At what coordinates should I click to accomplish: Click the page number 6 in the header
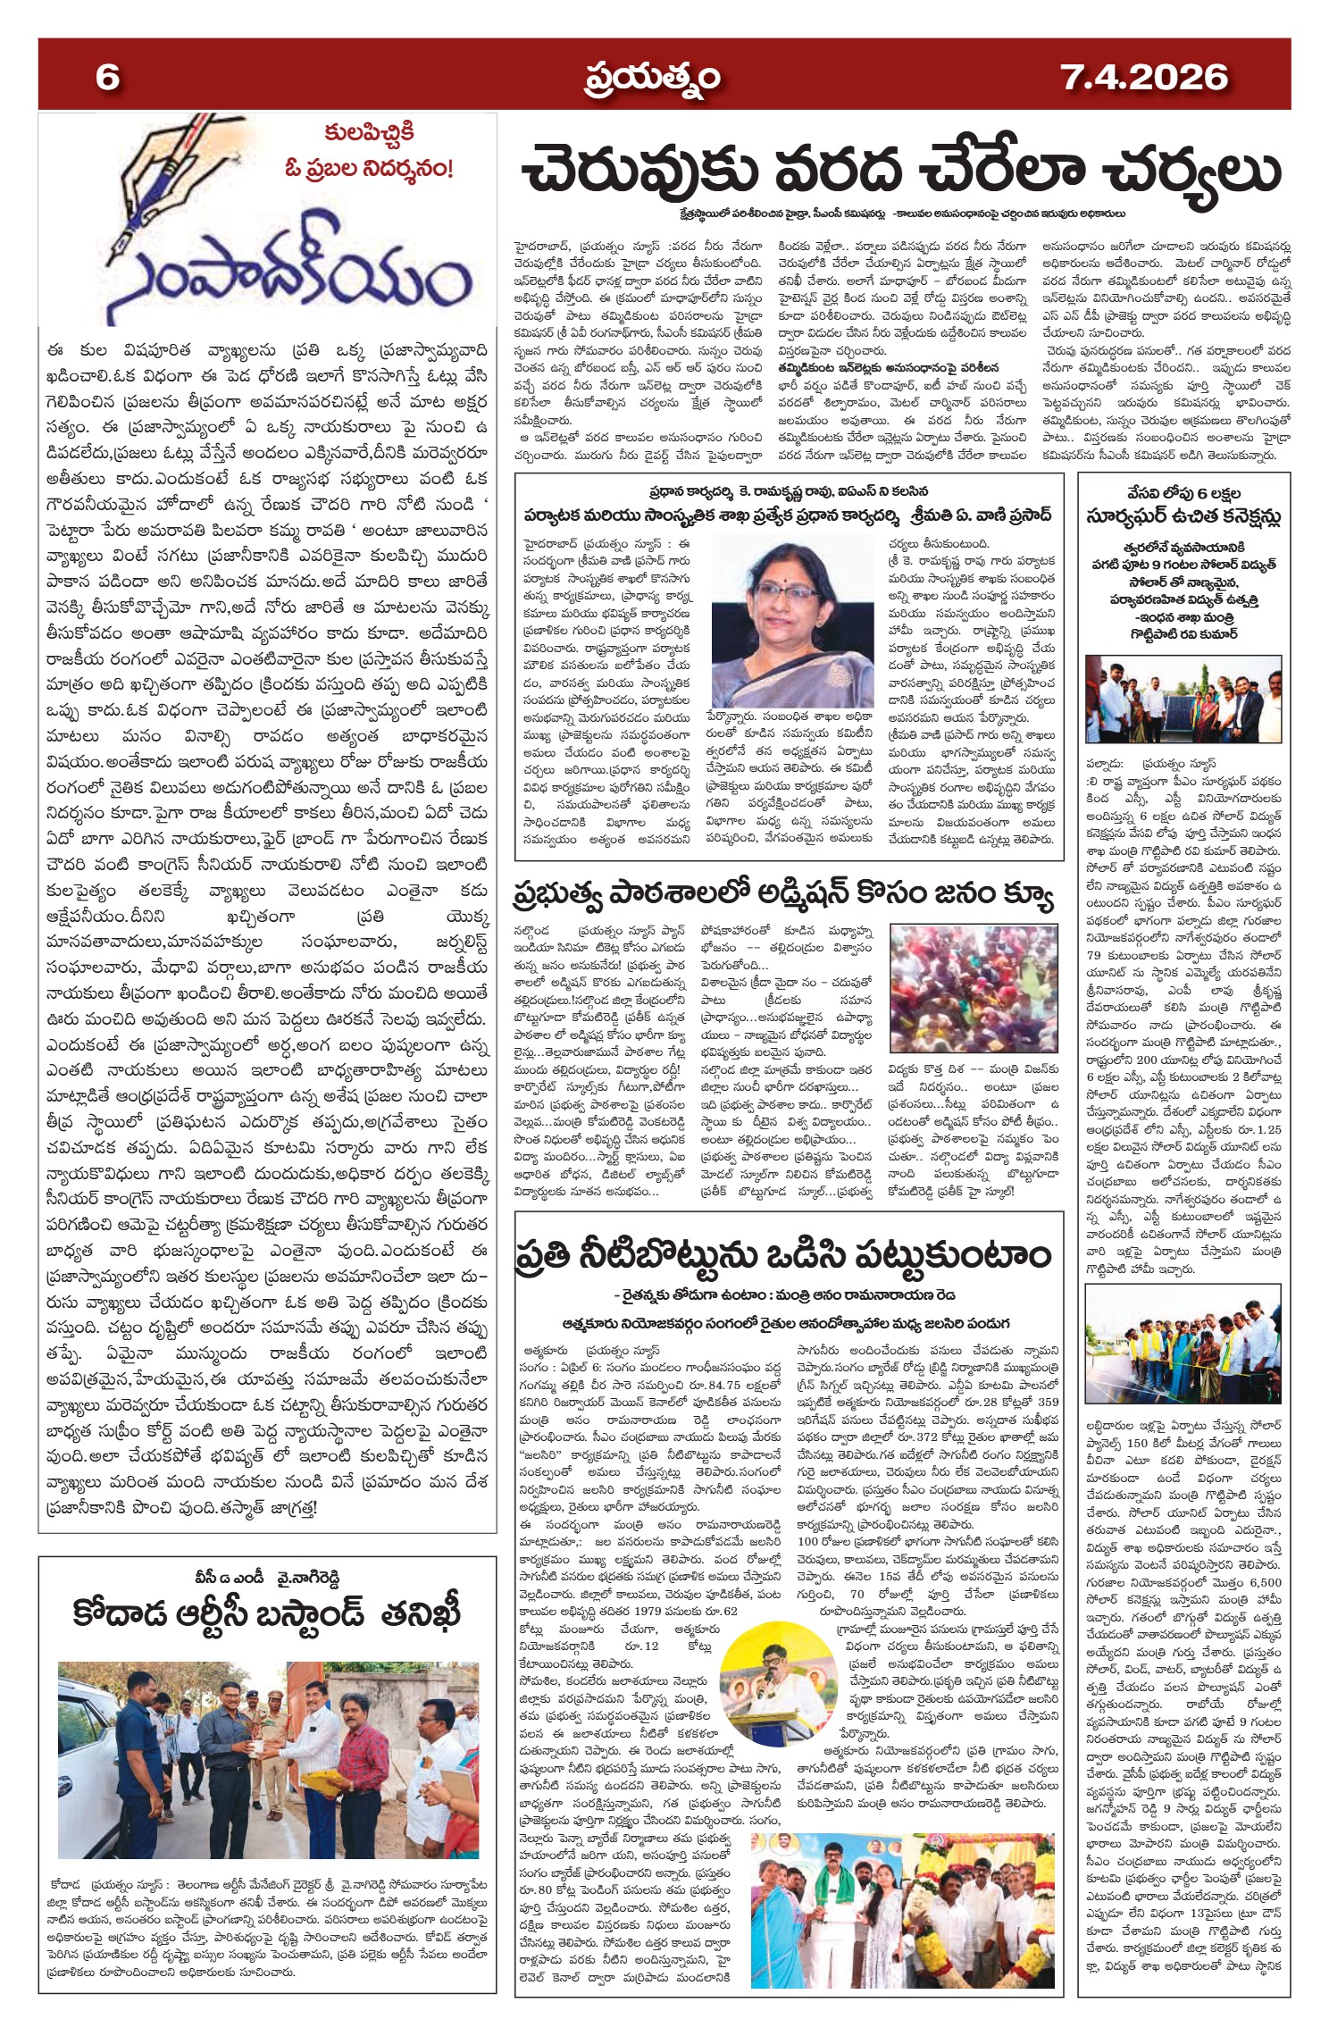[107, 77]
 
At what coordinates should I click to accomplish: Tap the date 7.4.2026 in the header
[1144, 77]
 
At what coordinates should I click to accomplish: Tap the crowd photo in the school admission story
[972, 989]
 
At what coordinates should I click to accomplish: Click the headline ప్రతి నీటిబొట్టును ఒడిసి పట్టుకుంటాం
[784, 1255]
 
